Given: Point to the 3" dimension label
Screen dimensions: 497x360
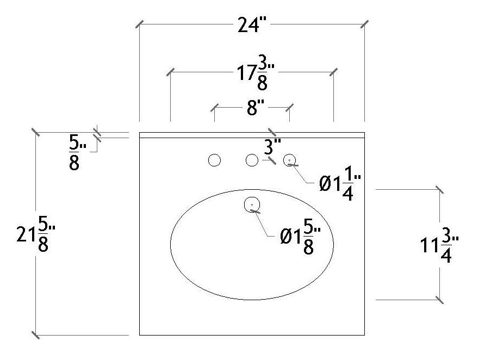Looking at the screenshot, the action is pos(272,146).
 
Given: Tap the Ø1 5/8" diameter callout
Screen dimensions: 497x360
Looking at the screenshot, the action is pos(300,235).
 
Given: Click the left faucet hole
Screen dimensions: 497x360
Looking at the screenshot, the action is pos(215,160).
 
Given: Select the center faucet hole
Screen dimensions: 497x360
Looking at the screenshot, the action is pos(252,160).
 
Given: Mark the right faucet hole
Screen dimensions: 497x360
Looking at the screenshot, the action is pos(290,159).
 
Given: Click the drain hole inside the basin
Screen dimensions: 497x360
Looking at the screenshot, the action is pos(253,204).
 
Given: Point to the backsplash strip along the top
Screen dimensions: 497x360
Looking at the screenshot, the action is pos(251,135).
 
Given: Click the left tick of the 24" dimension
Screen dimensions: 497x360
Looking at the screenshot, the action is pos(140,24).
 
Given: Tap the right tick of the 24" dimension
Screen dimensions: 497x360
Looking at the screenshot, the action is pos(364,24).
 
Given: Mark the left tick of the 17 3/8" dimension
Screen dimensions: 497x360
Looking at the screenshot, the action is pos(171,71).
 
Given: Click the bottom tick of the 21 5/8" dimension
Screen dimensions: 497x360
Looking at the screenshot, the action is pos(36,335).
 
